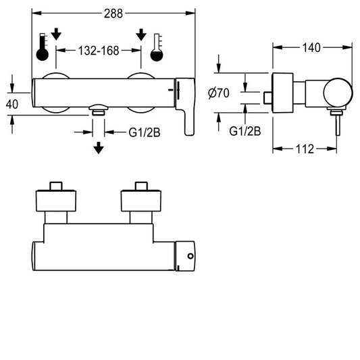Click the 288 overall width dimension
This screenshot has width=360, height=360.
pos(113,14)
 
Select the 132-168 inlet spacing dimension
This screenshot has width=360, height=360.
pos(99,51)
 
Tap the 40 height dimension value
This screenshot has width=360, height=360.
pos(12,105)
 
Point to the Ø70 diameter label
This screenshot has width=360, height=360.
pos(219,93)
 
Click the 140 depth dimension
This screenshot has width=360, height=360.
pos(311,48)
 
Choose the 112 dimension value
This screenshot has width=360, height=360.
pos(305,149)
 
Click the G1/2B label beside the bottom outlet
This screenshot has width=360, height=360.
pos(144,132)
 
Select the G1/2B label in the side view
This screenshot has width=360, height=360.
pos(245,131)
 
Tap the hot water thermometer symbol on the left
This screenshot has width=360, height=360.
pos(43,47)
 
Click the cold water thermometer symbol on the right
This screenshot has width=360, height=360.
pos(157,47)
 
